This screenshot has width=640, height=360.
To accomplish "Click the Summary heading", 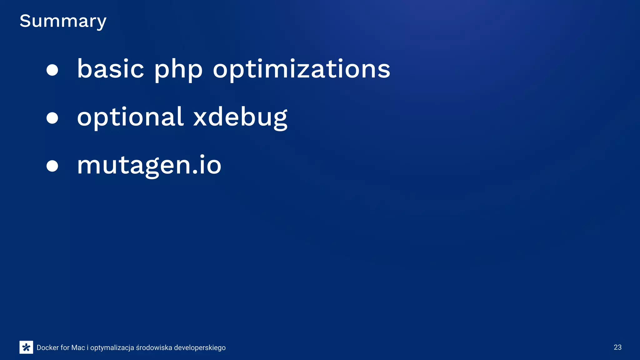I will (63, 21).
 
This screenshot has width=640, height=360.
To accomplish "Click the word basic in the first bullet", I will (110, 69).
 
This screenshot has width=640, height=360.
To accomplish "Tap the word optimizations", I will (301, 69).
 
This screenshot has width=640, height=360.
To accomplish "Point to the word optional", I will (130, 117).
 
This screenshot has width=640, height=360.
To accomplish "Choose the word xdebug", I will (240, 117).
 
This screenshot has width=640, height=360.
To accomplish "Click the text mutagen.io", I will (149, 165).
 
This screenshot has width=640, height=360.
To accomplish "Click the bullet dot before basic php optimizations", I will (52, 70).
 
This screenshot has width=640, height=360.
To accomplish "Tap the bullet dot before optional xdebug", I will (52, 118).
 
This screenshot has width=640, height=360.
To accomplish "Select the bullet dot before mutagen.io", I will (52, 166).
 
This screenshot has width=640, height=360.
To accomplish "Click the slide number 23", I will (617, 347).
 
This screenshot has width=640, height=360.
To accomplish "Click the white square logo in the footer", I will (26, 347).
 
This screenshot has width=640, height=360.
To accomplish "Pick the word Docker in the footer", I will (47, 347).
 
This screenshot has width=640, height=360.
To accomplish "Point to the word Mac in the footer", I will (78, 347).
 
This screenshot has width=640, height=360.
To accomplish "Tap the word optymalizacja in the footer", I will (112, 348).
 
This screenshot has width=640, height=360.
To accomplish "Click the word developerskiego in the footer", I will (200, 348).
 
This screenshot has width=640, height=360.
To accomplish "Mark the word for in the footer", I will (65, 347).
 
